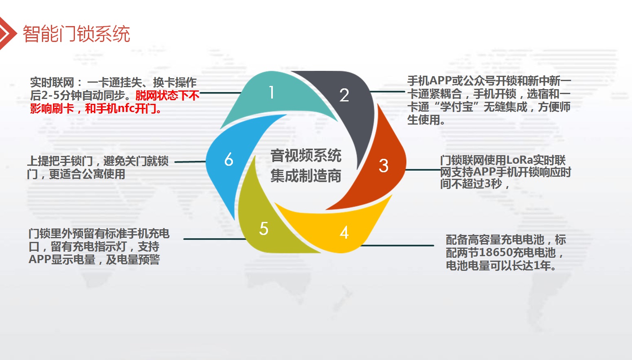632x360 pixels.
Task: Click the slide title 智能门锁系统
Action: [76, 34]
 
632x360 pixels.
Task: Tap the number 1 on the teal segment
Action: [272, 92]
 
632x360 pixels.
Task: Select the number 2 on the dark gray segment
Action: [344, 95]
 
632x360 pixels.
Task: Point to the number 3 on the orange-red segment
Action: [384, 166]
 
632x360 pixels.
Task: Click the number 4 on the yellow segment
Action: [344, 233]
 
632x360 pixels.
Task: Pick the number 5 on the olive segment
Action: [264, 228]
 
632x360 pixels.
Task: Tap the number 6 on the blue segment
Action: [229, 159]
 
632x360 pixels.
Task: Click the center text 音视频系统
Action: [306, 156]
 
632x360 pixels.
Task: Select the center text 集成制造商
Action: [306, 176]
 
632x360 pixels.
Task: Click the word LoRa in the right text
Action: [520, 160]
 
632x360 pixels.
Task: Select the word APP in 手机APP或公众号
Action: [441, 81]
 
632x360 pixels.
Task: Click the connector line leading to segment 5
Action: [215, 239]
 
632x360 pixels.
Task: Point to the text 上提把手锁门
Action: [60, 161]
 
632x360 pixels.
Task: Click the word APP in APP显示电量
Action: [40, 259]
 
